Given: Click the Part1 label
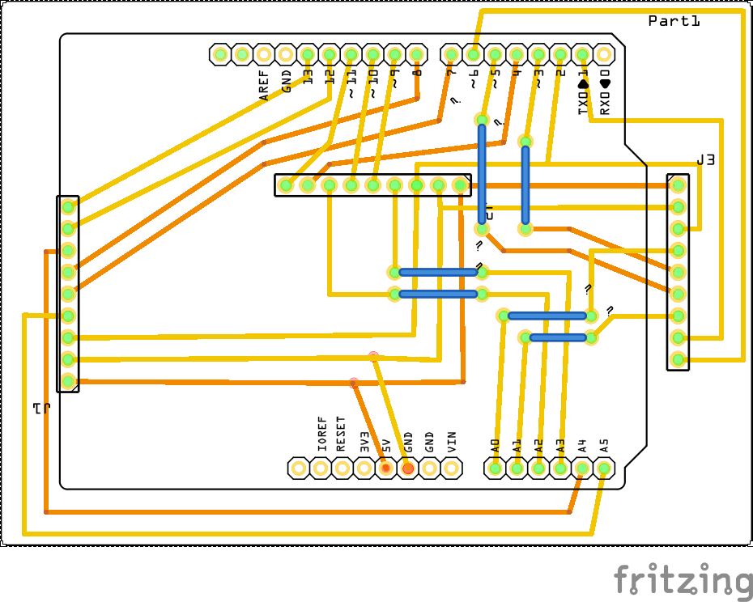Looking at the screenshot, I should point(674,21).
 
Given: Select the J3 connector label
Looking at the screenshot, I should point(705,160).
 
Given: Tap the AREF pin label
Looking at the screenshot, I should point(264,85).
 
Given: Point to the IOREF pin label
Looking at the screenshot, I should point(322,435).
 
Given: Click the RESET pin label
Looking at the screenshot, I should point(341,435).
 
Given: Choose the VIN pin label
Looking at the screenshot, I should point(452,442).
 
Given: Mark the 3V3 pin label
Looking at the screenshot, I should point(364,442).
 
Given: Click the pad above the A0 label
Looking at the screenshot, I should point(495,468).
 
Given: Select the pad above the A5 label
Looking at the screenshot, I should point(603,468).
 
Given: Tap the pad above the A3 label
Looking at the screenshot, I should point(560,468).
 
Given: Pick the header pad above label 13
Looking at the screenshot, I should point(307,54).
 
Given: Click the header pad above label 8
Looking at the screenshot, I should point(416,54).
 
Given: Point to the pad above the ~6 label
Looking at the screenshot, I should point(473,54).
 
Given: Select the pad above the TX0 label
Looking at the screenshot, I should point(581,54).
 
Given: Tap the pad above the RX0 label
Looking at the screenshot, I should point(603,54).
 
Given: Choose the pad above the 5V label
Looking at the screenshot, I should point(386,468).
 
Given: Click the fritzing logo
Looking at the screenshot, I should point(682,580).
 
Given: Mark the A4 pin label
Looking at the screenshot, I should point(581,445).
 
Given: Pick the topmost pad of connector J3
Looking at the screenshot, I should point(678,185).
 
